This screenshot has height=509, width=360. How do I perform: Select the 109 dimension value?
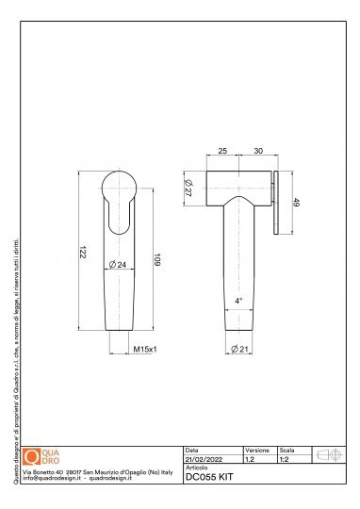155,258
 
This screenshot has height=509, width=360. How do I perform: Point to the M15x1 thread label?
144,350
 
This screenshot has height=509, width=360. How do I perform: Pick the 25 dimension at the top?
222,151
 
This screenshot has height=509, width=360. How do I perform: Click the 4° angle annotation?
239,300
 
